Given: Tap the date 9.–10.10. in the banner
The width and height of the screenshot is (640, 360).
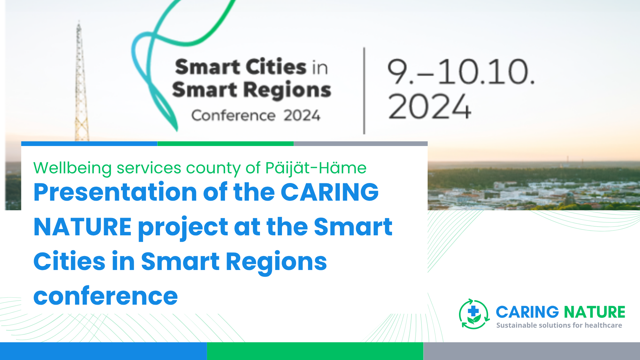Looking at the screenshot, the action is pyautogui.click(x=461, y=72).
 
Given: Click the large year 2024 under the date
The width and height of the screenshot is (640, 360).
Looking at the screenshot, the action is pyautogui.click(x=430, y=107).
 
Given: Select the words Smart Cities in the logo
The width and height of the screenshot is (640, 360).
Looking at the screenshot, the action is pyautogui.click(x=240, y=67).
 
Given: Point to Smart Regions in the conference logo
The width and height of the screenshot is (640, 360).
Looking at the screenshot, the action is pyautogui.click(x=252, y=90).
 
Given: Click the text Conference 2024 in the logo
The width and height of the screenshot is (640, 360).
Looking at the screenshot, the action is pyautogui.click(x=256, y=116).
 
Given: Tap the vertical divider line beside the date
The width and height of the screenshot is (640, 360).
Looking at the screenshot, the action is pyautogui.click(x=364, y=91).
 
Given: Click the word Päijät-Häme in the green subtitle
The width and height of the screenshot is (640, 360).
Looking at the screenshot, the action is pyautogui.click(x=316, y=168).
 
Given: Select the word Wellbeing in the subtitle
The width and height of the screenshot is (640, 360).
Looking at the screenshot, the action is pyautogui.click(x=72, y=168).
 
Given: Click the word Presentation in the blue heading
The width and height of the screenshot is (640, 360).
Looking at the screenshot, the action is pyautogui.click(x=115, y=192).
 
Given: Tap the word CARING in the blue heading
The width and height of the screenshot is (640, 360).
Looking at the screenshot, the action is pyautogui.click(x=330, y=192).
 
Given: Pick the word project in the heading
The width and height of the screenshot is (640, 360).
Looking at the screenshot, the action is pyautogui.click(x=183, y=228).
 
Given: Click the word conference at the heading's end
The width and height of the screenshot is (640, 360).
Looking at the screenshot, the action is pyautogui.click(x=106, y=296).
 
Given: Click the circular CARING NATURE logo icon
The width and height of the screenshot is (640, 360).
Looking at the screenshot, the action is pyautogui.click(x=474, y=314).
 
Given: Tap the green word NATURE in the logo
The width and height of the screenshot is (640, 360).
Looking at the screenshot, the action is pyautogui.click(x=594, y=312).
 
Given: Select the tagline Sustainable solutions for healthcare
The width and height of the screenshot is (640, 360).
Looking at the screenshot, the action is pyautogui.click(x=559, y=325).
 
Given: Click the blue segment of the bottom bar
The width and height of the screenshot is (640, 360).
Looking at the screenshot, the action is pyautogui.click(x=103, y=351).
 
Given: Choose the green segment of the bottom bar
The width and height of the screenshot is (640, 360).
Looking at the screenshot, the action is pyautogui.click(x=315, y=351).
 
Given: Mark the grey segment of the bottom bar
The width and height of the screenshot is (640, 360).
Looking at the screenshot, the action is pyautogui.click(x=532, y=351).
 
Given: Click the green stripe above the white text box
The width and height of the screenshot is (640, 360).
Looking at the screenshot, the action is pyautogui.click(x=225, y=144).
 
